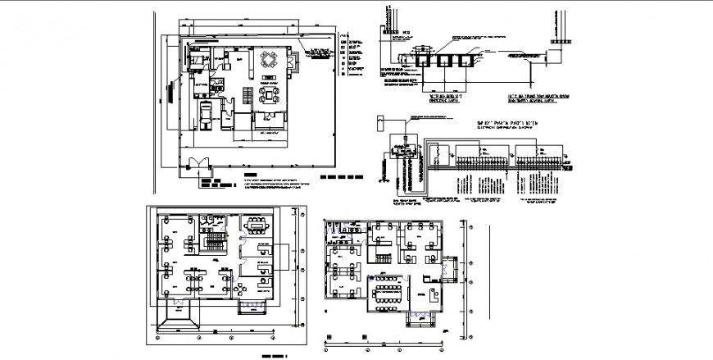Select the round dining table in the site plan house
269,60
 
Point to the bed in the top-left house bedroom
198,60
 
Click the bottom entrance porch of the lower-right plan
425,314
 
